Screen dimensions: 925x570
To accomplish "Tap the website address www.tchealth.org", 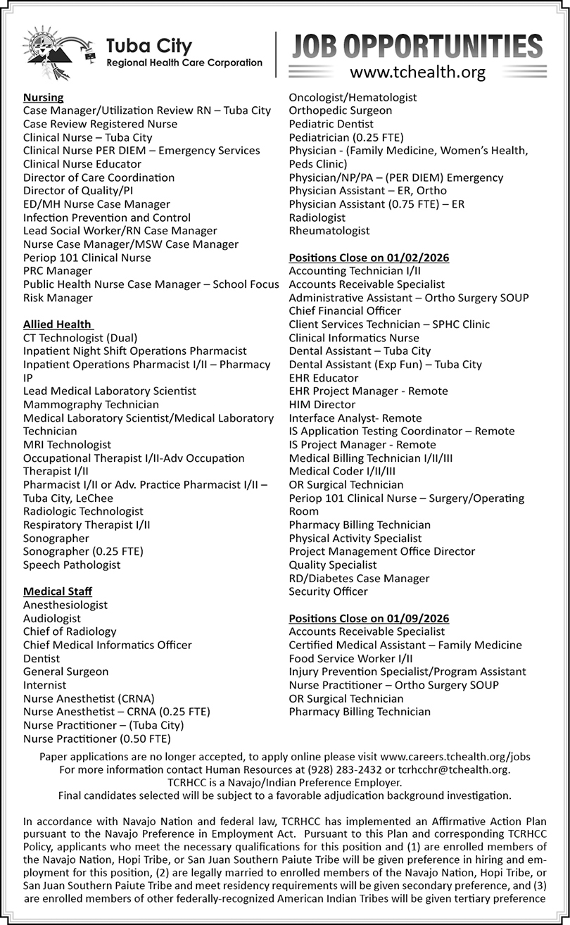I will click(418, 71).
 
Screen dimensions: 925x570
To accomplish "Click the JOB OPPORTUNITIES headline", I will click(417, 46).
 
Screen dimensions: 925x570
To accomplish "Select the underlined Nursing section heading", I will click(43, 97).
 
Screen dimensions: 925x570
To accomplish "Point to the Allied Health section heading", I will click(58, 324).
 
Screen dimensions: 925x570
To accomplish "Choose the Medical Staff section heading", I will click(58, 591).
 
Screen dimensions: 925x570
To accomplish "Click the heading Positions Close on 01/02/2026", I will click(369, 258).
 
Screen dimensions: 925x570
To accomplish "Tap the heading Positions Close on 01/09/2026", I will click(369, 618).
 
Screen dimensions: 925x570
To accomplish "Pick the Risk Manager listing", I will click(58, 298).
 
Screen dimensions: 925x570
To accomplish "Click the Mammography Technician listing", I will click(91, 405).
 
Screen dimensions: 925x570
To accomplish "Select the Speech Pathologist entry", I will click(72, 565).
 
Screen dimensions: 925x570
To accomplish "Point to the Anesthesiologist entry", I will click(65, 605).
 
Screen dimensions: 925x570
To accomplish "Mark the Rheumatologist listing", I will click(329, 231).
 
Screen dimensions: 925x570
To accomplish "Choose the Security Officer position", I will click(328, 591).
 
